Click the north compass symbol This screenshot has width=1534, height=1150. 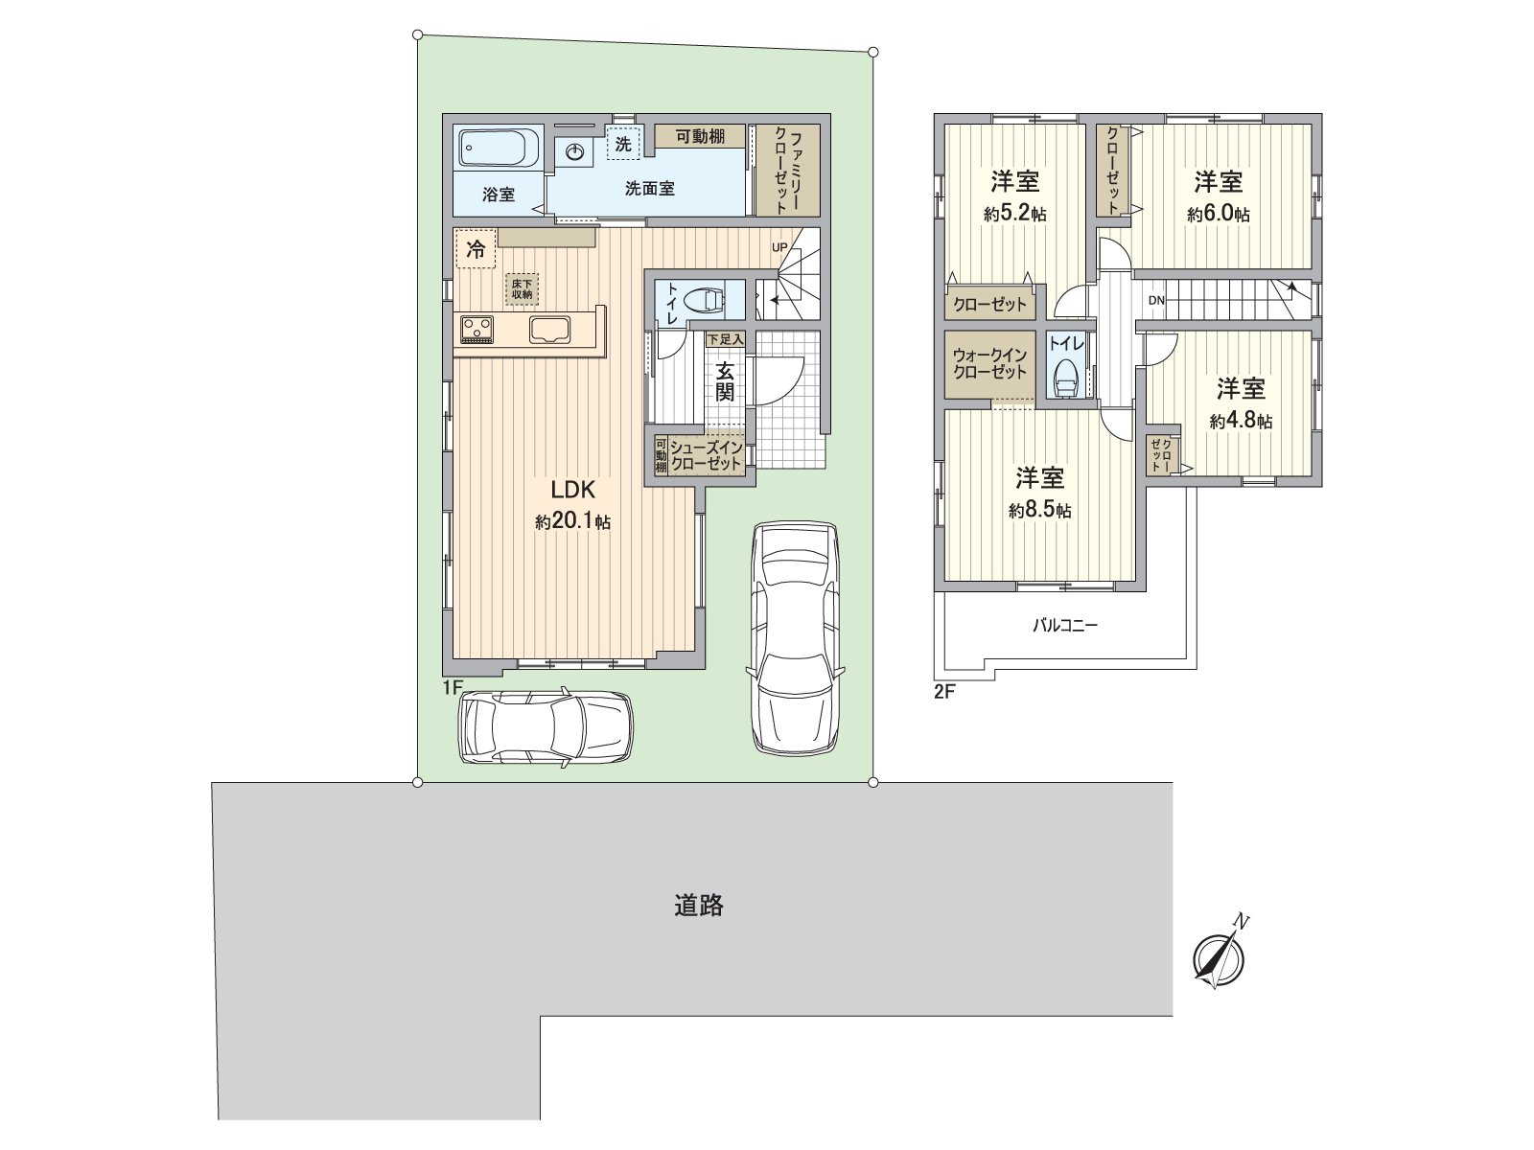pyautogui.click(x=1218, y=957)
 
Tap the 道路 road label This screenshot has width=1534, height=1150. pyautogui.click(x=698, y=906)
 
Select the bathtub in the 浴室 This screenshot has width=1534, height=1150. pyautogui.click(x=493, y=149)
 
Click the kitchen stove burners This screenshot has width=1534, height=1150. pyautogui.click(x=476, y=329)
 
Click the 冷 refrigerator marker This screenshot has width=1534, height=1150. pyautogui.click(x=476, y=250)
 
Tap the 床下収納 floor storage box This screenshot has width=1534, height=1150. pyautogui.click(x=523, y=288)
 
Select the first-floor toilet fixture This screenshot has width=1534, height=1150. pyautogui.click(x=706, y=299)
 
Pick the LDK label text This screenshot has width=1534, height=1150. pyautogui.click(x=573, y=491)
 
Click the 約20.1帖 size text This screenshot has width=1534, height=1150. pyautogui.click(x=573, y=522)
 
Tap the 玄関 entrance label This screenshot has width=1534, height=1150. pyautogui.click(x=725, y=380)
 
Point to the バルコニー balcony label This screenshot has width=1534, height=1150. pyautogui.click(x=1064, y=626)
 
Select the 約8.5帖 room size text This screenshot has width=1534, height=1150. pyautogui.click(x=1039, y=511)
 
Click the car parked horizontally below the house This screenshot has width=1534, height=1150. pyautogui.click(x=546, y=726)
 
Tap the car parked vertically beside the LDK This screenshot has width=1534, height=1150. pyautogui.click(x=795, y=636)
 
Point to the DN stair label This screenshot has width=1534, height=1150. pyautogui.click(x=1156, y=301)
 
